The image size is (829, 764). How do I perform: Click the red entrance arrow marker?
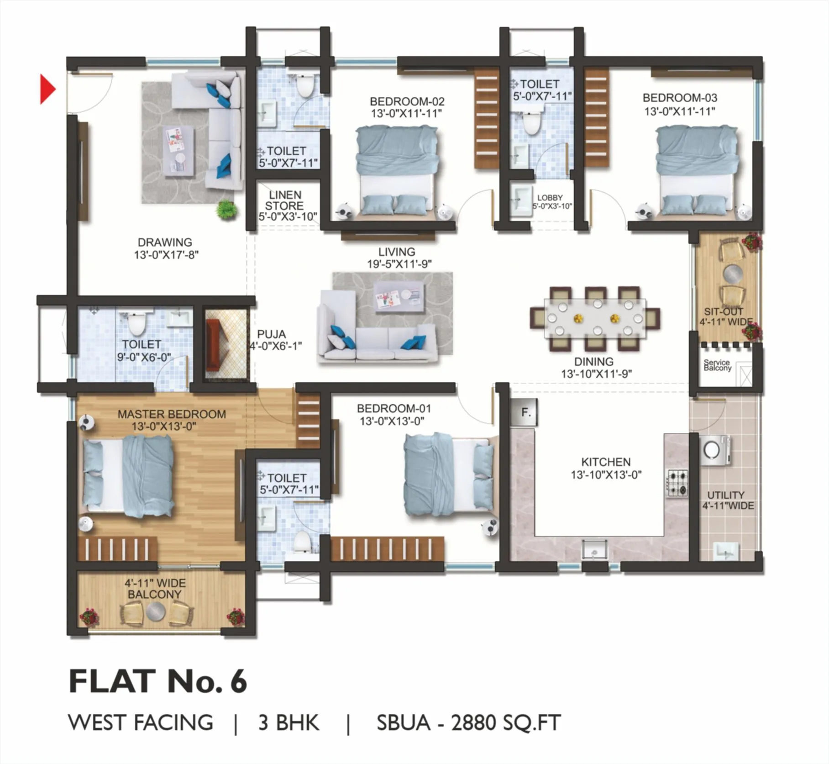[47, 89]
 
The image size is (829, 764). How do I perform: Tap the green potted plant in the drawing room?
[226, 210]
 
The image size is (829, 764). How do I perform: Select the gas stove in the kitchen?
[677, 483]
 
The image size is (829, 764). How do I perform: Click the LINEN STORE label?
[284, 200]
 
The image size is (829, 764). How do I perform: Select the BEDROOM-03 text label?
[679, 98]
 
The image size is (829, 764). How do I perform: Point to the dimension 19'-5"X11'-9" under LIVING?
[399, 264]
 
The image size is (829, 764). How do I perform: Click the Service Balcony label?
[717, 365]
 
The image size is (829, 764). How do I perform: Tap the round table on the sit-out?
[733, 274]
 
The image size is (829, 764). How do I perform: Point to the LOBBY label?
[550, 198]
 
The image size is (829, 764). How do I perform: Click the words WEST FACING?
[141, 722]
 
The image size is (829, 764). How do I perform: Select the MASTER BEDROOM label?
[172, 414]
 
